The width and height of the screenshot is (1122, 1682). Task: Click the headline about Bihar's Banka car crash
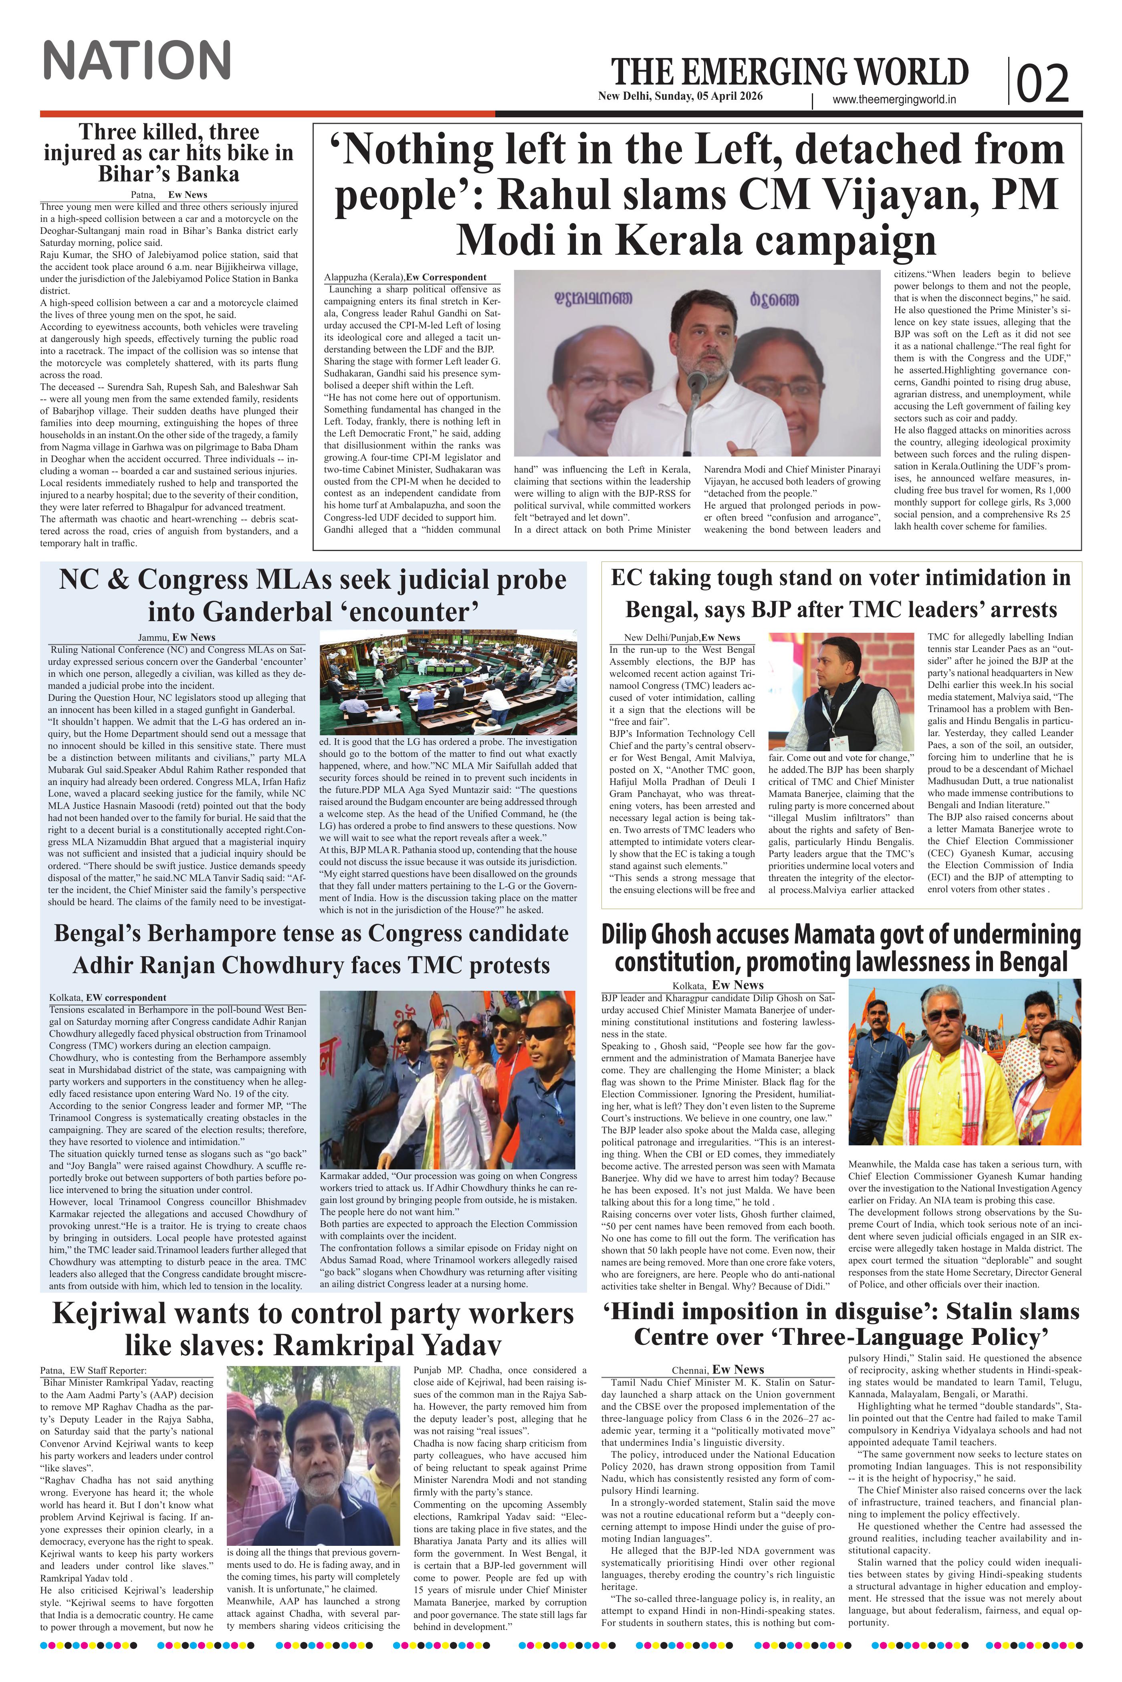pyautogui.click(x=168, y=153)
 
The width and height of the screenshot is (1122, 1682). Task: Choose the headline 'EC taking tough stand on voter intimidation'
pyautogui.click(x=841, y=593)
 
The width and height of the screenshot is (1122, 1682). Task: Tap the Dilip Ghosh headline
pyautogui.click(x=841, y=948)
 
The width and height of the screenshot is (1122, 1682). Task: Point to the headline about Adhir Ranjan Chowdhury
pyautogui.click(x=311, y=949)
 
